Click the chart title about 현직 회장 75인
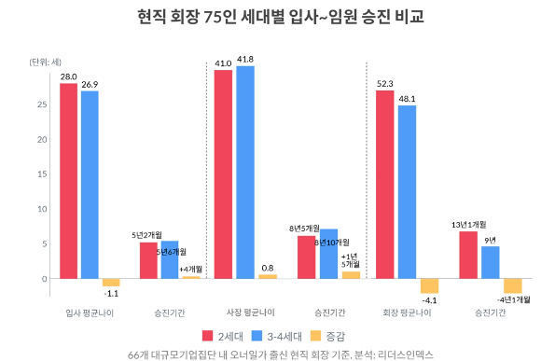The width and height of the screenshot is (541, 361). pyautogui.click(x=271, y=16)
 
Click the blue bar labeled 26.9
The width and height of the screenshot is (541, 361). pyautogui.click(x=90, y=184)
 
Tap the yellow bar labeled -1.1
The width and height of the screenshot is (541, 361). pyautogui.click(x=111, y=282)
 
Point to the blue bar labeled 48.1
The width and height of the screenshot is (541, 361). pyautogui.click(x=406, y=191)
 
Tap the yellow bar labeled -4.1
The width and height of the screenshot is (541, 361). pyautogui.click(x=429, y=285)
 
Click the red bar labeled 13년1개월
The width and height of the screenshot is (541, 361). pyautogui.click(x=467, y=254)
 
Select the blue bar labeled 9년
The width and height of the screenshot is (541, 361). pyautogui.click(x=490, y=261)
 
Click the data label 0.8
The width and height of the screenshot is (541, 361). pyautogui.click(x=268, y=268)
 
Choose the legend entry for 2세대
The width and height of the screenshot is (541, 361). pyautogui.click(x=221, y=336)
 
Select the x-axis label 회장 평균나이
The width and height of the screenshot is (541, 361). pyautogui.click(x=408, y=312)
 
